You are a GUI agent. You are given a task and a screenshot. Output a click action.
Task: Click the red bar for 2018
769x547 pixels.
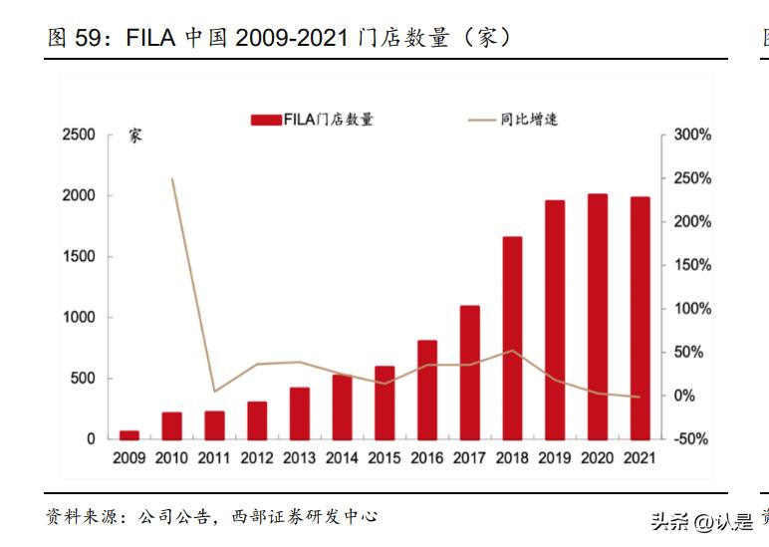point(512,338)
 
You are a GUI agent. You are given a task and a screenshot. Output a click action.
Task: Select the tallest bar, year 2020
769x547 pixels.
point(598,316)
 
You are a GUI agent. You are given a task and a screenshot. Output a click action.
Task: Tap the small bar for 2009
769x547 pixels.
point(129,434)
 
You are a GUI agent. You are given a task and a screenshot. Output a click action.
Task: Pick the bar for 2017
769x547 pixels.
point(469,372)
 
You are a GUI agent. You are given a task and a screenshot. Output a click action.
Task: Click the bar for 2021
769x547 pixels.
point(640,318)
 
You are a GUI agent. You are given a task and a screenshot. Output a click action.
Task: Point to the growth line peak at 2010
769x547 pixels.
point(172,179)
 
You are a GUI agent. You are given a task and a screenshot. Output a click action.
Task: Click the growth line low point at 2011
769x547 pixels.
point(214,392)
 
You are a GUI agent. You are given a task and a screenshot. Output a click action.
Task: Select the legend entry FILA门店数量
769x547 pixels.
point(313,120)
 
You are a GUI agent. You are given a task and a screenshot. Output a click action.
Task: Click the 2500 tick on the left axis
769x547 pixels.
point(79,135)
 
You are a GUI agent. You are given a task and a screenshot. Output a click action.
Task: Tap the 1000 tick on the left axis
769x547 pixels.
point(79,317)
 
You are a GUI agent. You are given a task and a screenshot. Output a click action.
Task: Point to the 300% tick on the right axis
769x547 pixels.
point(692,135)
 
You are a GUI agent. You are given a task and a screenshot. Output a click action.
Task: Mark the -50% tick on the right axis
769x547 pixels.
point(692,439)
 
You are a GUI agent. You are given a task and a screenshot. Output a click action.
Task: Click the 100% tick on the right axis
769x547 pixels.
point(692,309)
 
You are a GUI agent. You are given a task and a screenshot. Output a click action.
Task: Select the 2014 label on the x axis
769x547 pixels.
point(342,458)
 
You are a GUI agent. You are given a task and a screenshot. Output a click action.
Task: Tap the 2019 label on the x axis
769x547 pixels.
point(555,458)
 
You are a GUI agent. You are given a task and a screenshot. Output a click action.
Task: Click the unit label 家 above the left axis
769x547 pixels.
point(135,136)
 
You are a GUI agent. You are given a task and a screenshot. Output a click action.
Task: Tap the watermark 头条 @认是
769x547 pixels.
point(701,521)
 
